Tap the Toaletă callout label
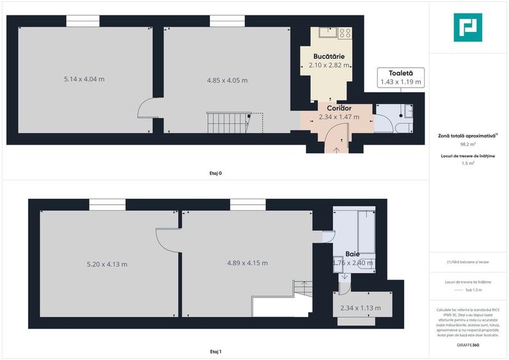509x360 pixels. [400, 74]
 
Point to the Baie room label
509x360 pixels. [352, 254]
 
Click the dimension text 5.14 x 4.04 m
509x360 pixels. [84, 79]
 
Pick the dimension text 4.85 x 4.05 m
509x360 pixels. [227, 81]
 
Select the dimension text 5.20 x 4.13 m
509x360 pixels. [107, 263]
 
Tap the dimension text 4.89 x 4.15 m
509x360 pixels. [247, 263]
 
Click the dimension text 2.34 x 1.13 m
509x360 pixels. [361, 308]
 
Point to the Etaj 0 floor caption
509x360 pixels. [215, 173]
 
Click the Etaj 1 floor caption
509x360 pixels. [215, 352]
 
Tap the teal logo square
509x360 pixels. [469, 27]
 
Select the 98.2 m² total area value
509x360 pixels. [468, 144]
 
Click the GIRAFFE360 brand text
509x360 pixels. [468, 345]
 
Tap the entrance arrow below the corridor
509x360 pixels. [337, 150]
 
